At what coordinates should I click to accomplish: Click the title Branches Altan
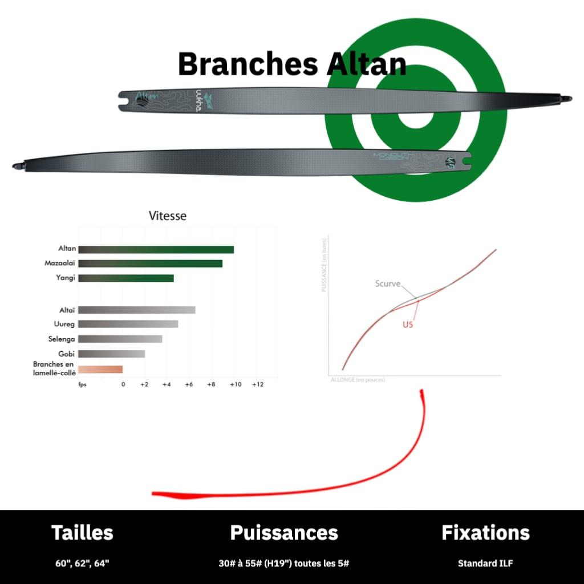(x=292, y=64)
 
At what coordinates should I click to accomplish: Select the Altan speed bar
(x=156, y=249)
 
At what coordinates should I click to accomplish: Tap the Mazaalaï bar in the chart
(x=150, y=263)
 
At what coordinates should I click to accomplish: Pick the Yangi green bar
(x=125, y=278)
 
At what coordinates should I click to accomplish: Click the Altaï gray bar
(x=137, y=310)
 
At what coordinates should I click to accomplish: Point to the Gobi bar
(x=111, y=354)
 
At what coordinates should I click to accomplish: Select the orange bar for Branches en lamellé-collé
(x=100, y=369)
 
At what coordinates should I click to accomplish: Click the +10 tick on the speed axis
(x=235, y=384)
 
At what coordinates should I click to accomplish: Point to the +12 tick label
(x=258, y=384)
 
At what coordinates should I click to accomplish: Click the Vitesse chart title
(x=167, y=216)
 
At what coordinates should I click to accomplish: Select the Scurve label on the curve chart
(x=388, y=283)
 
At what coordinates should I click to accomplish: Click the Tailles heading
(x=82, y=533)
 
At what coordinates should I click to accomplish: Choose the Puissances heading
(x=284, y=533)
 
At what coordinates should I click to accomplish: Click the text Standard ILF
(x=485, y=563)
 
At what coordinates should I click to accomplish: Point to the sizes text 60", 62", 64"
(x=82, y=563)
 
